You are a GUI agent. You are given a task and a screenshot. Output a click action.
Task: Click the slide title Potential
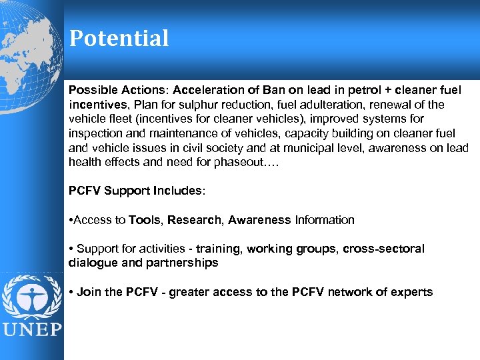tap(119, 38)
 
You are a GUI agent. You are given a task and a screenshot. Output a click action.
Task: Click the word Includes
tap(178, 191)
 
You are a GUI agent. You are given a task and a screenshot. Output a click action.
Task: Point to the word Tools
tap(145, 220)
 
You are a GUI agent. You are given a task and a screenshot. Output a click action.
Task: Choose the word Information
tap(325, 220)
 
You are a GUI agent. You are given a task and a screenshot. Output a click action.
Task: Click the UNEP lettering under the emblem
tap(32, 329)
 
